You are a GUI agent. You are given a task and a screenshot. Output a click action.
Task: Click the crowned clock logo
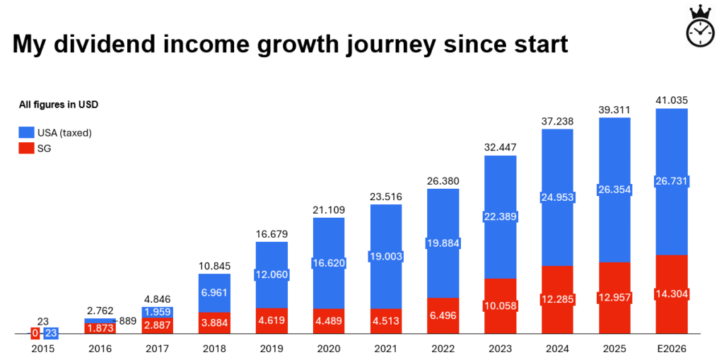point(700,27)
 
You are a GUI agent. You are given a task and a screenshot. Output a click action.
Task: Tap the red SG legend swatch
point(25,148)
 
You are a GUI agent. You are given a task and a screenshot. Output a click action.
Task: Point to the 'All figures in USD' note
point(58,105)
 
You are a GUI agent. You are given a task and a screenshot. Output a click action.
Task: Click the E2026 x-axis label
point(671,348)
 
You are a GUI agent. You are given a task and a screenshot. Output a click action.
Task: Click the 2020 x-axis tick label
point(328,348)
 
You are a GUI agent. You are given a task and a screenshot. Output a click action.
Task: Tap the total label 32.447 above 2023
point(500,147)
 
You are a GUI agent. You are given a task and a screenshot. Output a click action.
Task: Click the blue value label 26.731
point(671,182)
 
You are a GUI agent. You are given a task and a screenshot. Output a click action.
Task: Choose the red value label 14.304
point(671,294)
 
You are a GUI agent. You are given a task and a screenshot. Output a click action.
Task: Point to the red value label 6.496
point(443,315)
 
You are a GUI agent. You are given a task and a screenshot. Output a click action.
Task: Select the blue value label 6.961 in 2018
point(214,292)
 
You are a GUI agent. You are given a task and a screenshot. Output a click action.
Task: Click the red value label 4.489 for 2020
point(328,321)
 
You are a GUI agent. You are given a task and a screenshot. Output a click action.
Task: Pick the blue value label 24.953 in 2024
point(557,197)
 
